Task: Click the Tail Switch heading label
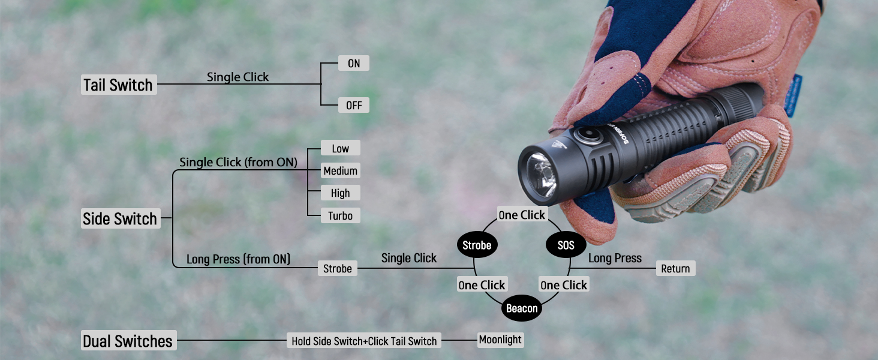[118, 85]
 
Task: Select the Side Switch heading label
[120, 219]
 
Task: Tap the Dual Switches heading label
[128, 341]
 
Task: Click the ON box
[354, 63]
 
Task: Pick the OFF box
[354, 106]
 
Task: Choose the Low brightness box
[340, 148]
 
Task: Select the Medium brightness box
[340, 171]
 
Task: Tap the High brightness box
[340, 193]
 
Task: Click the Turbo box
[340, 215]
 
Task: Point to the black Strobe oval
[477, 245]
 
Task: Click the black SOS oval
[566, 245]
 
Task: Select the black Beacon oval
[522, 308]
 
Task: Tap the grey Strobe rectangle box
[338, 268]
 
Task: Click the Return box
[675, 268]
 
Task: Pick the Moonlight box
[500, 340]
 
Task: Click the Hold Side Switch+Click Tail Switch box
[364, 341]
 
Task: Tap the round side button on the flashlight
[584, 133]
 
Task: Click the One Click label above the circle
[522, 215]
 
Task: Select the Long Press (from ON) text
[238, 259]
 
